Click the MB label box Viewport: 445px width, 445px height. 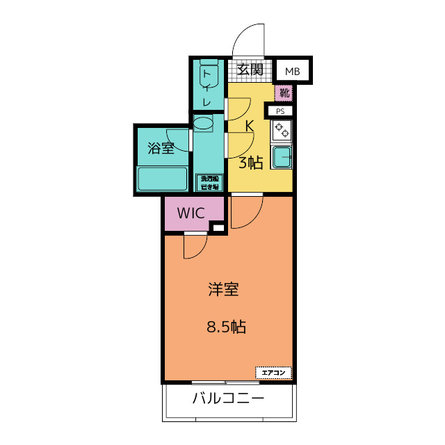(x=292, y=71)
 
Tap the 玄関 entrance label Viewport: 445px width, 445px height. (x=250, y=70)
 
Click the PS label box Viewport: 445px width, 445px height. (x=280, y=111)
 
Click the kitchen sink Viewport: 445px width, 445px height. (x=282, y=157)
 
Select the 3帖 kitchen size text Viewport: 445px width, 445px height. (x=250, y=163)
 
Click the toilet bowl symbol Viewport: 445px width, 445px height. (x=209, y=75)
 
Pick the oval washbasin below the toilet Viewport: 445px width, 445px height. (x=204, y=124)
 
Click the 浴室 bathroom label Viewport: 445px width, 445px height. (x=161, y=148)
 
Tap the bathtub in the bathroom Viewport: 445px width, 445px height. (x=163, y=178)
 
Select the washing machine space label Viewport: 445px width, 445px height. (x=209, y=182)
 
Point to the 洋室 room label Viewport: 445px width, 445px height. (x=223, y=290)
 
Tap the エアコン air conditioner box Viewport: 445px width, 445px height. (x=274, y=373)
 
